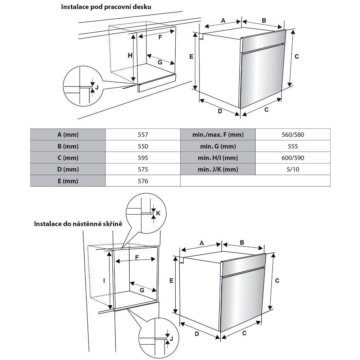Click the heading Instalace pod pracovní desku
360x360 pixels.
point(106,7)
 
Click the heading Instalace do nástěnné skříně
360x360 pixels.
point(78,224)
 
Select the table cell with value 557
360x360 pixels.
point(143,135)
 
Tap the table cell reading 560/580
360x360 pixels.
point(293,135)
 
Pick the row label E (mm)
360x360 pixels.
point(68,181)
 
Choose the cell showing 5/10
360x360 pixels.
point(293,169)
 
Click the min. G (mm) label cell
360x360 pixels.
point(218,146)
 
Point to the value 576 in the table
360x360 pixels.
point(143,181)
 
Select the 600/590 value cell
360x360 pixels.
point(293,158)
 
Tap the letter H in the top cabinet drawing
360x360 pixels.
point(130,55)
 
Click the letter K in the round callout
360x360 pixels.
point(158,213)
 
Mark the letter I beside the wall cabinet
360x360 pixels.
point(104,280)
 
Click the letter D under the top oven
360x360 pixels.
point(220,111)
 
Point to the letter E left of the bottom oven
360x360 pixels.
point(171,280)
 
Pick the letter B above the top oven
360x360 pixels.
point(264,21)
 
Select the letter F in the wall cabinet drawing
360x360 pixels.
point(137,257)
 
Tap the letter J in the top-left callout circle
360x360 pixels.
point(96,87)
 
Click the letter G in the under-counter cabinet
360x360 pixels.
point(160,62)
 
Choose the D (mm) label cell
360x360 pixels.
point(68,169)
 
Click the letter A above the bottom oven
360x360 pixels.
point(202,243)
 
